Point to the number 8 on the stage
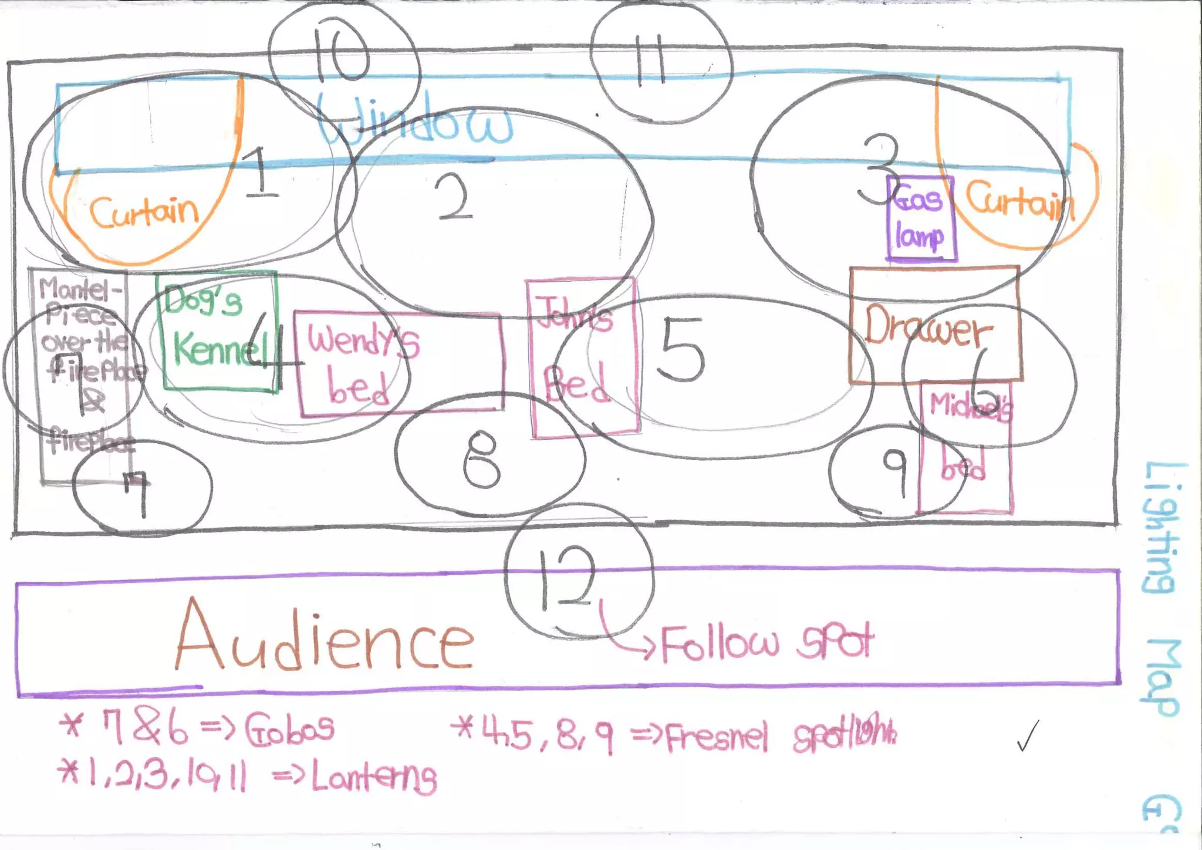481,458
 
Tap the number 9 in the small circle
896,470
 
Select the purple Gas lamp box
920,218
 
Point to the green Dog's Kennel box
218,330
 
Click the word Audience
325,637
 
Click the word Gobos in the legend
290,728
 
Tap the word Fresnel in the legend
717,737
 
